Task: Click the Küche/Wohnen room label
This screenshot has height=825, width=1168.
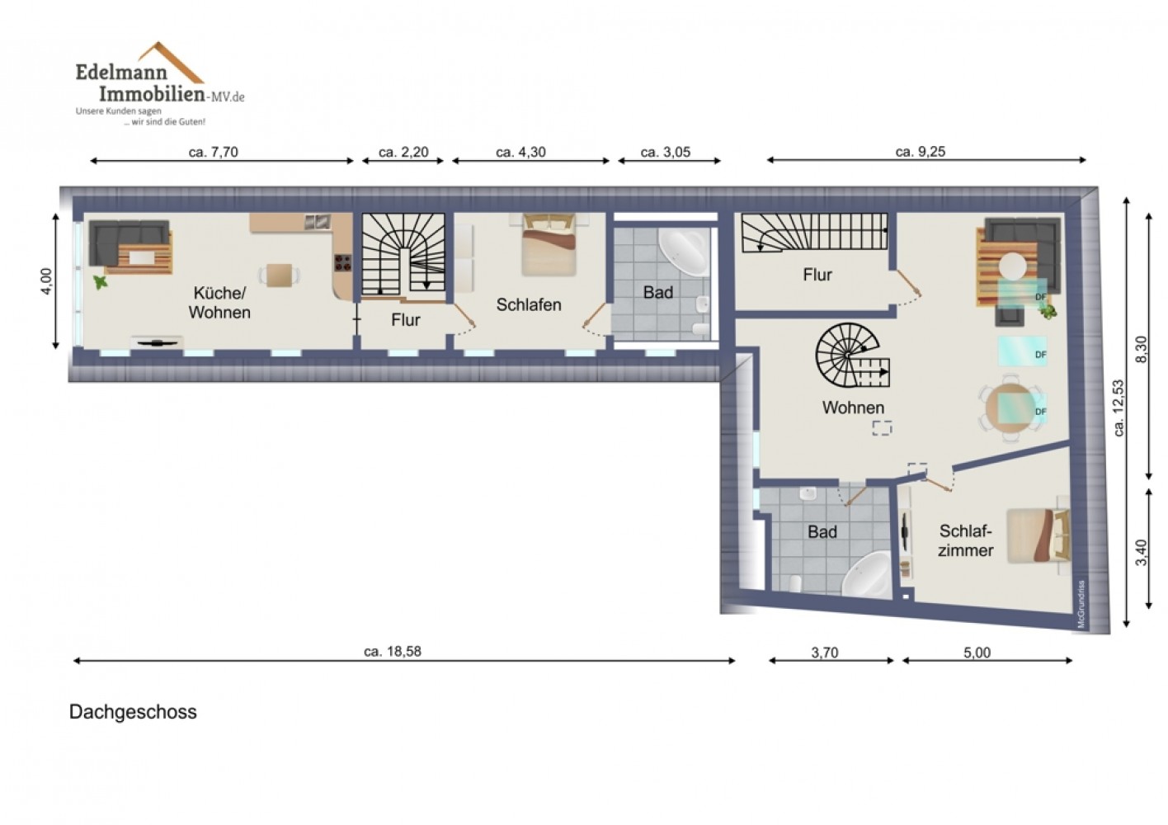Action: [219, 303]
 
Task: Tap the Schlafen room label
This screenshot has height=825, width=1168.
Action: [528, 305]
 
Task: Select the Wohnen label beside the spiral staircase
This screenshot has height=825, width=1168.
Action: [853, 408]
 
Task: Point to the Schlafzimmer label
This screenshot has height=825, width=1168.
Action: [965, 540]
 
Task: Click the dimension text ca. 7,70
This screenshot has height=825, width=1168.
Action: [214, 153]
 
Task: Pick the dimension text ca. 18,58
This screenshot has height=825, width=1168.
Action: [392, 652]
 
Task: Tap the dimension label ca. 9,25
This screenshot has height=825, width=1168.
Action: [921, 152]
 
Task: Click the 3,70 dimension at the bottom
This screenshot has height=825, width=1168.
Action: [824, 653]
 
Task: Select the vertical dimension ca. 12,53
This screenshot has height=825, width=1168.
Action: [1118, 408]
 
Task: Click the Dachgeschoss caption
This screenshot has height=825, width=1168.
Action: [133, 712]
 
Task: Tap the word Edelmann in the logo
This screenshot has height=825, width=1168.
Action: [121, 72]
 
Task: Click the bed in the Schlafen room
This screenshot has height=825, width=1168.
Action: [549, 244]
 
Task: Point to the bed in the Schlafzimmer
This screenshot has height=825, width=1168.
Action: [1038, 535]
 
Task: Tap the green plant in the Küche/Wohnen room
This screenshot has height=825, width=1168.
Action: [100, 282]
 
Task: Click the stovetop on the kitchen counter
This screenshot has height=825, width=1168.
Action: [342, 262]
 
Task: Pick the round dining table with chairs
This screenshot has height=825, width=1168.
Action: [1010, 408]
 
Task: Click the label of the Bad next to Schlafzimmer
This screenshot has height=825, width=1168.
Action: [822, 532]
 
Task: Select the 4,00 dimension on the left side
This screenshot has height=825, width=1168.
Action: [46, 281]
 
